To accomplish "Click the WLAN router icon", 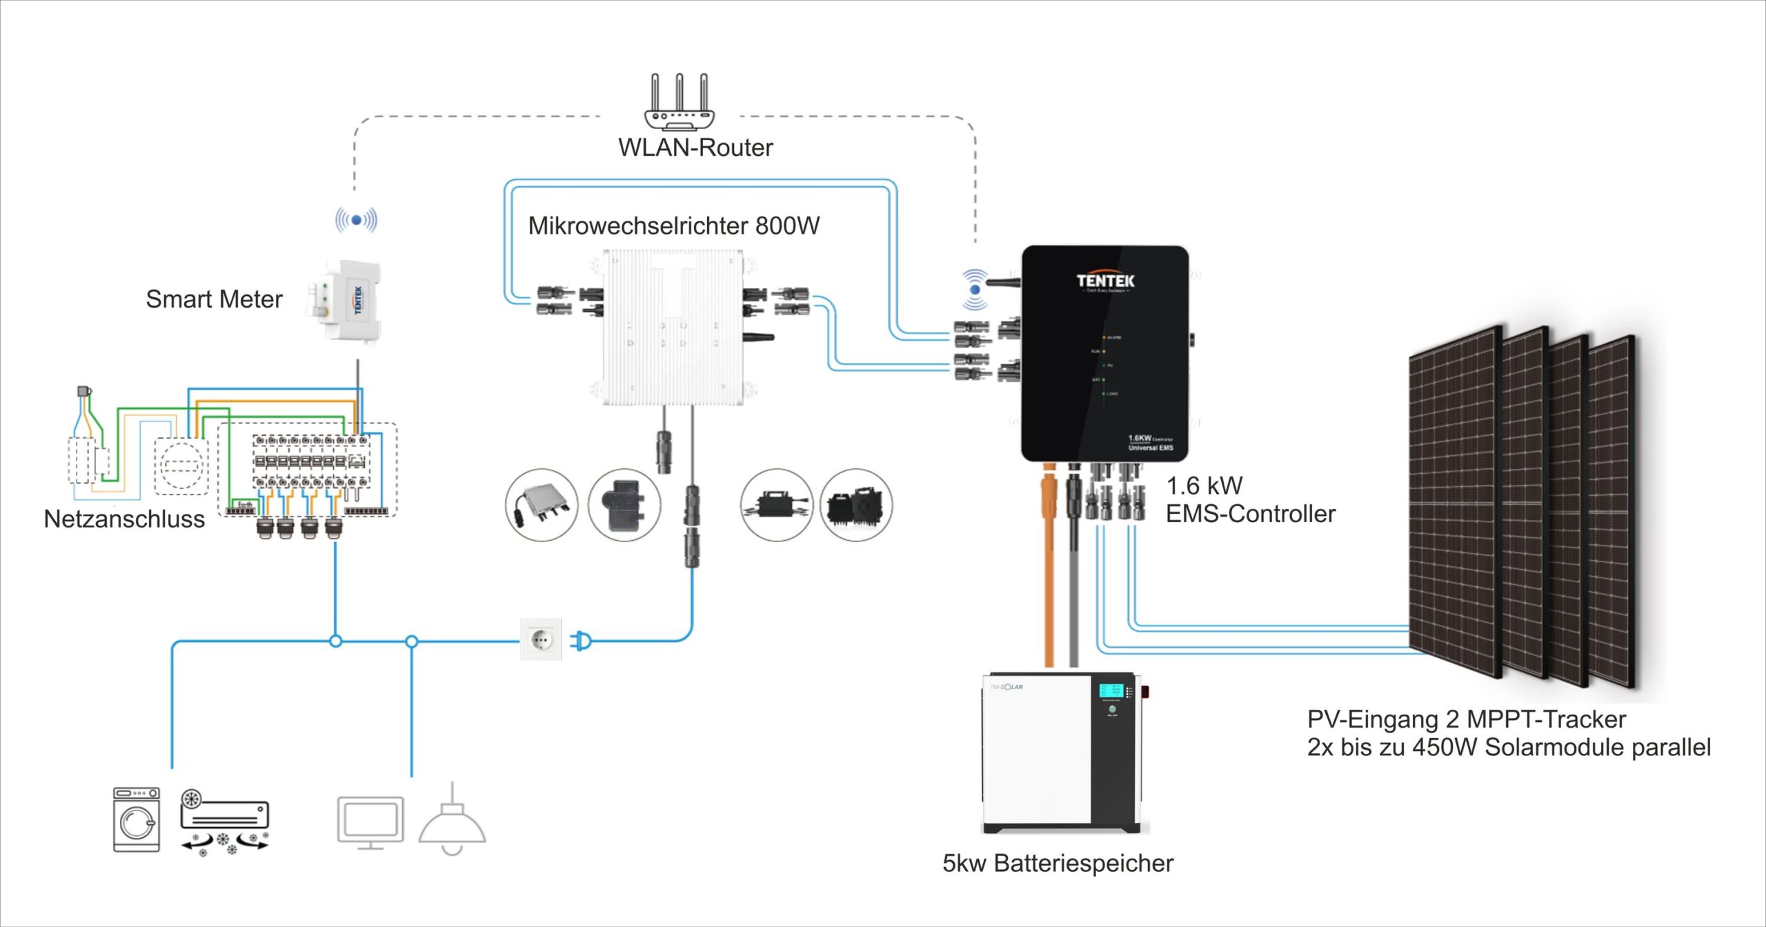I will [x=679, y=103].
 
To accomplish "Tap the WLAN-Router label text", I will [x=695, y=148].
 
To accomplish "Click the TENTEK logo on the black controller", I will [x=1105, y=281].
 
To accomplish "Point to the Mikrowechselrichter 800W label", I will [x=673, y=226].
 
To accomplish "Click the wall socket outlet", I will [x=541, y=640].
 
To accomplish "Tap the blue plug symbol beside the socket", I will [x=581, y=641].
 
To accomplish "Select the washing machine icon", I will [x=137, y=819].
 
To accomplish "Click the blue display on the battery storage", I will [x=1111, y=690].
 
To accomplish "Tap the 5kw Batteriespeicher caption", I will [x=1058, y=864].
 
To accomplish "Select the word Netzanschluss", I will [x=124, y=519].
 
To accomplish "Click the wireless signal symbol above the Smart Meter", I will [x=356, y=220].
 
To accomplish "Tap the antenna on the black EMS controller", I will [x=1002, y=282].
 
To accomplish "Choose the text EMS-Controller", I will [x=1250, y=514].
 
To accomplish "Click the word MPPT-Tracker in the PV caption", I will [x=1546, y=719].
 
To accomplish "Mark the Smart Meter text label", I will [x=214, y=299].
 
